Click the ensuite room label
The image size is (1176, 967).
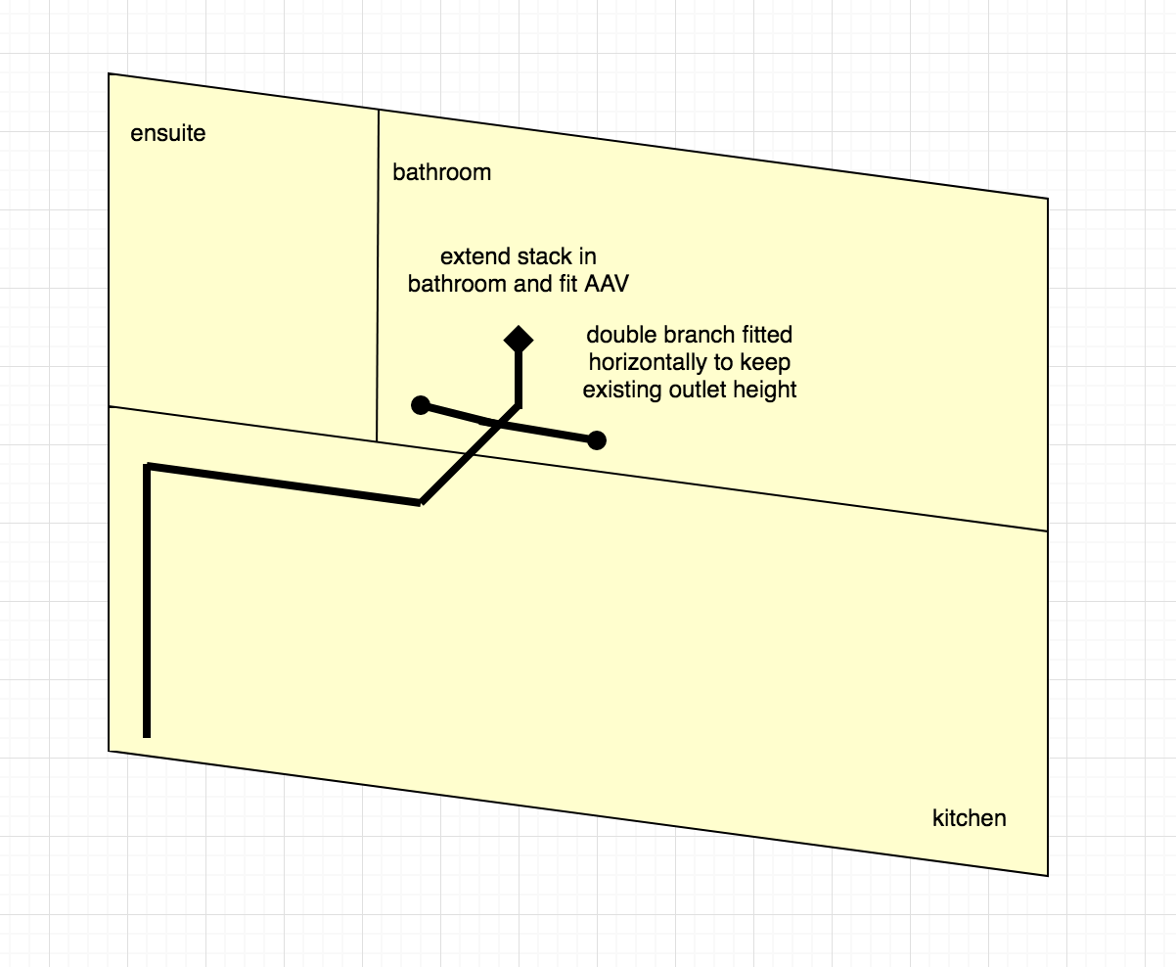tap(168, 133)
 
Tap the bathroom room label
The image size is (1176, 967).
tap(441, 172)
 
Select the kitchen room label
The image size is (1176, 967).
tap(970, 818)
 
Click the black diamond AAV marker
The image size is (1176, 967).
tap(519, 340)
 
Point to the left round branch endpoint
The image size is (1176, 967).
tap(421, 405)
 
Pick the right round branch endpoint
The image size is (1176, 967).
tap(597, 440)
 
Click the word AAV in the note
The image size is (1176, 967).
tap(607, 284)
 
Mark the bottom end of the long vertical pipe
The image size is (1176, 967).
tap(147, 737)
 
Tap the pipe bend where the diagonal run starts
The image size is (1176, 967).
tap(421, 502)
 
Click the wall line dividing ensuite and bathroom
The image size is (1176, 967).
tap(378, 276)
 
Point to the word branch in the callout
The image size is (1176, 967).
tap(701, 335)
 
